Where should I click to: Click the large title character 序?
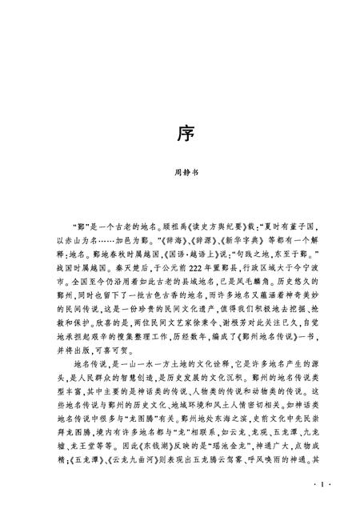tap(180, 132)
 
